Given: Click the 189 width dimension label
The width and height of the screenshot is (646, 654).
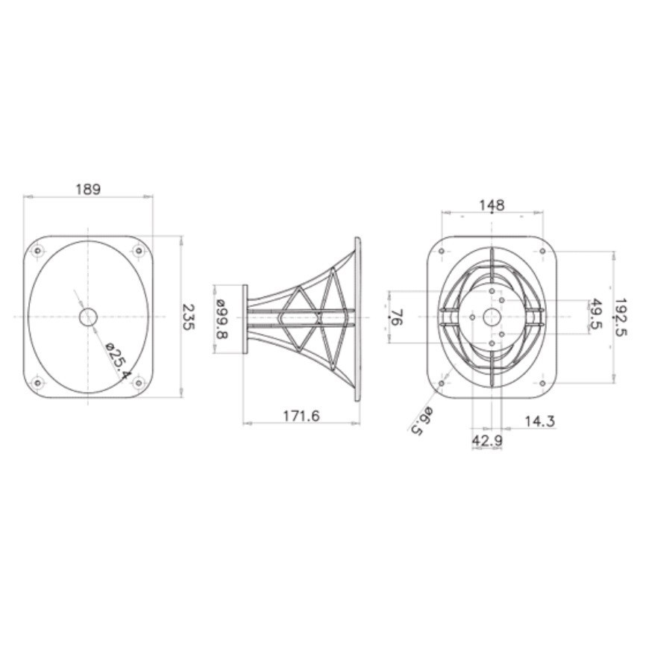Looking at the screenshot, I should [x=87, y=190].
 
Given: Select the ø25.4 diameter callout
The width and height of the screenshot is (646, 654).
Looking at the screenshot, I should [x=117, y=360].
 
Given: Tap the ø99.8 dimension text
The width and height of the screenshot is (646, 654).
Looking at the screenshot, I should [x=222, y=318].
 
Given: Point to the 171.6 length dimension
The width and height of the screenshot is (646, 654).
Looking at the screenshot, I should [x=301, y=416].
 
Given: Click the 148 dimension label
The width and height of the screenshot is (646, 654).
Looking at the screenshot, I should [x=492, y=205].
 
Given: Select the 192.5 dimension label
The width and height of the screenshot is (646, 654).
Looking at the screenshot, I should [x=620, y=317].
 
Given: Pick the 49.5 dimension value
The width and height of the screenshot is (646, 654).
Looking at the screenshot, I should [x=597, y=316].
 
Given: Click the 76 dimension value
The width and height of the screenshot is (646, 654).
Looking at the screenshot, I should [x=396, y=317].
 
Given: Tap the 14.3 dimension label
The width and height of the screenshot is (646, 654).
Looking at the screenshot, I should [x=539, y=422].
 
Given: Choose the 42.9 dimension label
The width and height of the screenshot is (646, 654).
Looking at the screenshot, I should [x=486, y=441].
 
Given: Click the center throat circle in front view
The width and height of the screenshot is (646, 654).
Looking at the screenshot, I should [x=88, y=317].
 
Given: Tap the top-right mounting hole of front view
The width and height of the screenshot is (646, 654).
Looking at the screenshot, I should [x=138, y=252].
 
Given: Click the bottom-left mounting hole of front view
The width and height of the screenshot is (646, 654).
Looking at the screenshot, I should [x=37, y=383].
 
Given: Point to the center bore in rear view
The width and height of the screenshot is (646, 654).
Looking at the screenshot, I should [x=492, y=317].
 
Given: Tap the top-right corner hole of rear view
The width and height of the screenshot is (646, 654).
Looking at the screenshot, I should [x=542, y=252].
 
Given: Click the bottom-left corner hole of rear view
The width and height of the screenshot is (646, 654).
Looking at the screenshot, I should [x=442, y=384].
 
